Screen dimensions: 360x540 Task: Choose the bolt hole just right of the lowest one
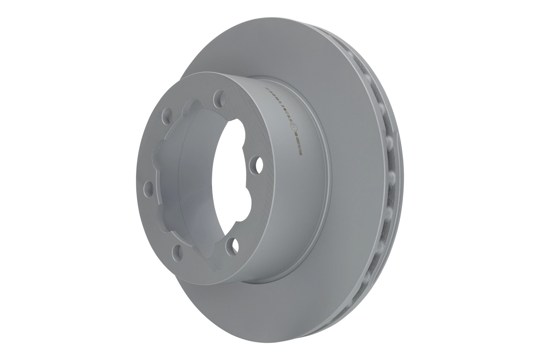tap(232, 244)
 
